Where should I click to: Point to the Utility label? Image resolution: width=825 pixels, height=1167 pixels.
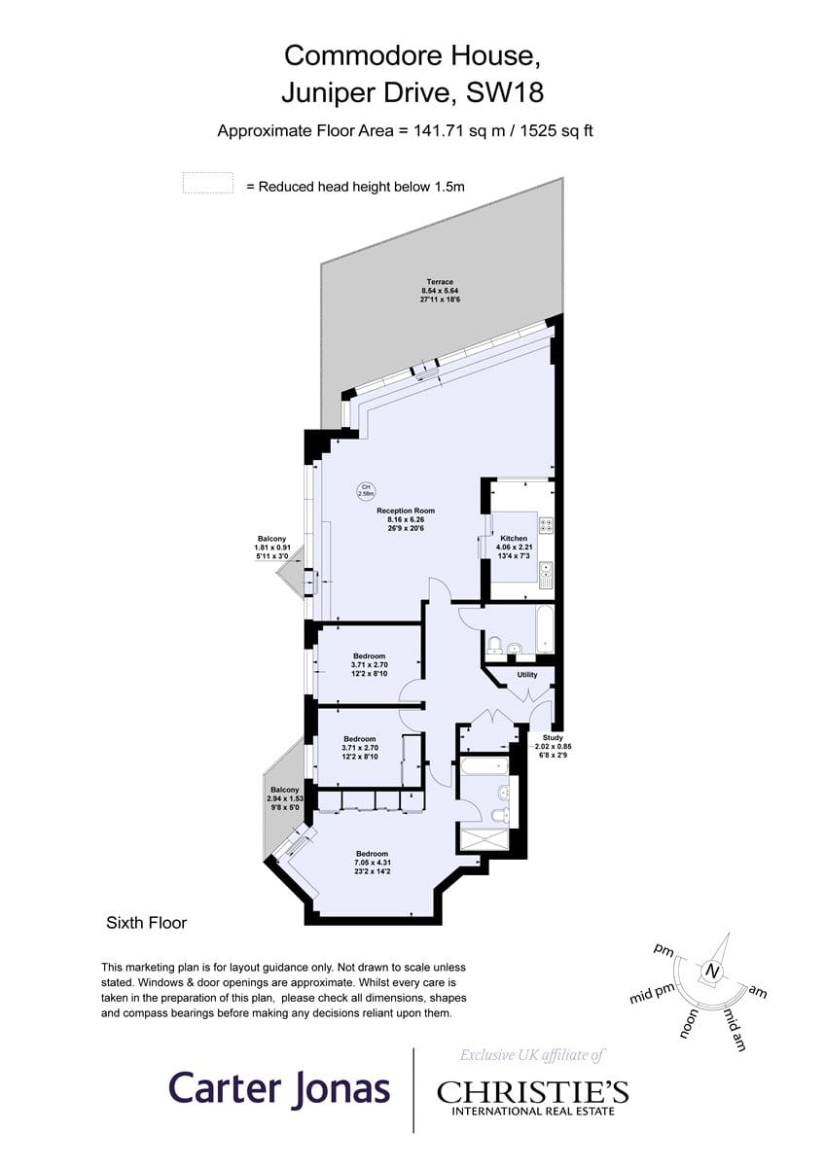[527, 674]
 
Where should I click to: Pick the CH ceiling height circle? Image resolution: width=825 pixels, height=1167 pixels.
[367, 490]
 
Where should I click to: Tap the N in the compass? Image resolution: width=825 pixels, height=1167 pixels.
[714, 971]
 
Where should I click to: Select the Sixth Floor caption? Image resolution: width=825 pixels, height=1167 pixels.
[146, 922]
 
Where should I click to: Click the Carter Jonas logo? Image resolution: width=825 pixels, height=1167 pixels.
[280, 1088]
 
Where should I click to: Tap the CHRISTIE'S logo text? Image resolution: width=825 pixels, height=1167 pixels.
[532, 1092]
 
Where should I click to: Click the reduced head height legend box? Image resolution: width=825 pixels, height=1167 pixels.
[207, 184]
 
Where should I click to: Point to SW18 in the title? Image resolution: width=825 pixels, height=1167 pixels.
[506, 94]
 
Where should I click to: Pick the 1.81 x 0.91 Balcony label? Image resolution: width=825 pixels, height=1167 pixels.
[271, 548]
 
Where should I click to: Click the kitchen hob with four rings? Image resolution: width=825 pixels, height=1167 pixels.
[546, 526]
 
